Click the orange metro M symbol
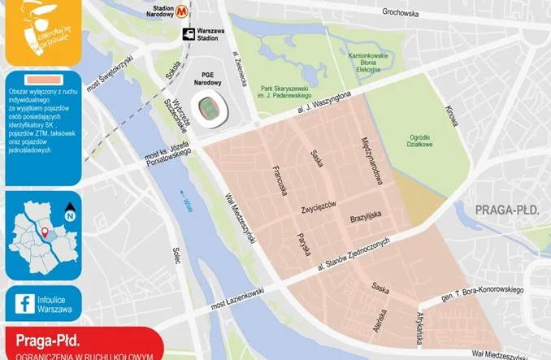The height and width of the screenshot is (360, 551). point(187,11)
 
